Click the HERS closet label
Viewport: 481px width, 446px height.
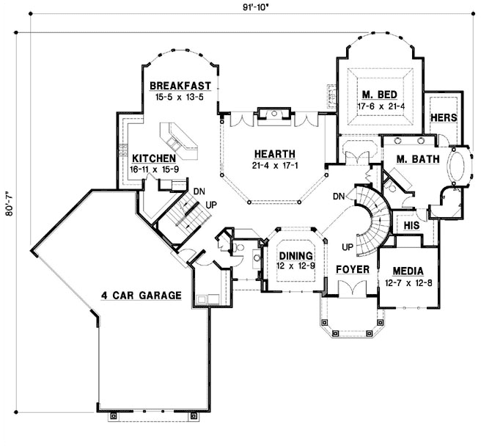pos(444,117)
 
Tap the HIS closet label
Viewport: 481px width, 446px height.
pos(411,226)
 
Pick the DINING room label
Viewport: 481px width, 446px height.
pos(296,255)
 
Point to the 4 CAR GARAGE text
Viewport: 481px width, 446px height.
pos(141,296)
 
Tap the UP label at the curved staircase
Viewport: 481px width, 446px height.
pos(348,246)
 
